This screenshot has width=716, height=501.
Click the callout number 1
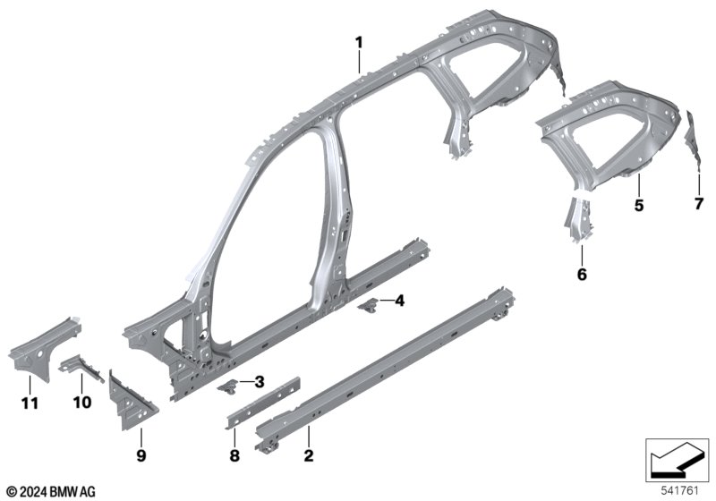(x=359, y=43)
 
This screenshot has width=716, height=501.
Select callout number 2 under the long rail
(x=309, y=454)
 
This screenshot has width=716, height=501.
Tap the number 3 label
(x=260, y=382)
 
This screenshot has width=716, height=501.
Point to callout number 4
(x=399, y=301)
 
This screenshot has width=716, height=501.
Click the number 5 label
(x=639, y=206)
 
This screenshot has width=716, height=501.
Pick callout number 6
(x=582, y=275)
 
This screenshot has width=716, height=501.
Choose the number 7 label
(x=699, y=203)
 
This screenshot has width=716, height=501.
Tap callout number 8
(x=234, y=454)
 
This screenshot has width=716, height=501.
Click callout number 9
(x=141, y=454)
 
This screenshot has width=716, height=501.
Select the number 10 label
(x=82, y=403)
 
